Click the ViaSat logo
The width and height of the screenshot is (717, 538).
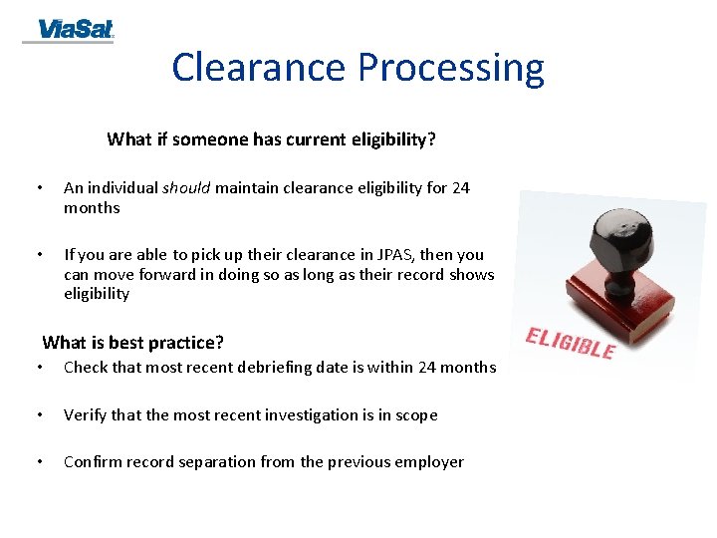coord(69,31)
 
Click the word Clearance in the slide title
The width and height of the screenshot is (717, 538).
coord(260,68)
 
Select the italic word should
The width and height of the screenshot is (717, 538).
coord(186,187)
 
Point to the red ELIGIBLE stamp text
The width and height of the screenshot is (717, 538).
coord(570,342)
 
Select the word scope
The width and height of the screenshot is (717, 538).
coord(415,414)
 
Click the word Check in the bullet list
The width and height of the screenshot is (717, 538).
coord(86,367)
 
